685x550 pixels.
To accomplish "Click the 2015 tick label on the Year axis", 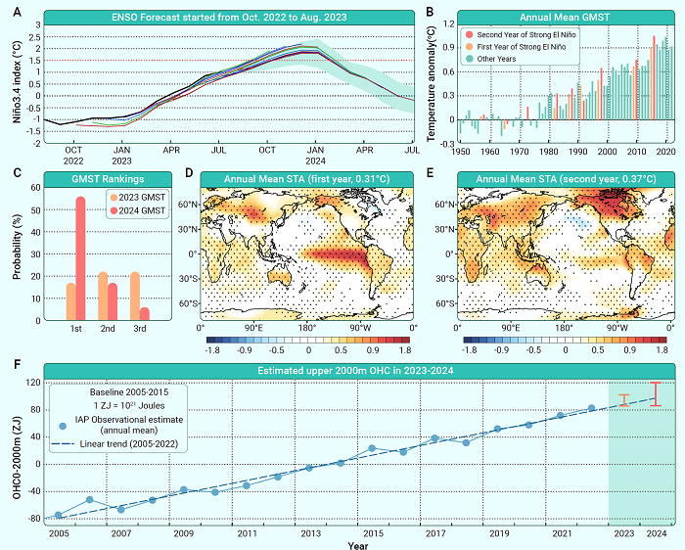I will [372, 534].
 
